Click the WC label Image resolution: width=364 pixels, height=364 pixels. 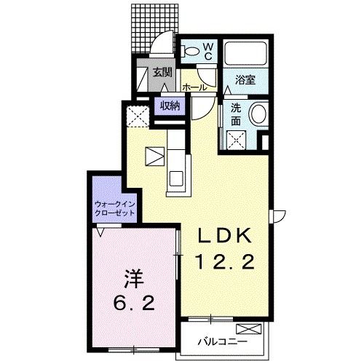208,52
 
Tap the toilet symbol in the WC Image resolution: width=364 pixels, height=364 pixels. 191,52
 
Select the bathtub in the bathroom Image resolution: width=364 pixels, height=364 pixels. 245,53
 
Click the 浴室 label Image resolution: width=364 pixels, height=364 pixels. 245,79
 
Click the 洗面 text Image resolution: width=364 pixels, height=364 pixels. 236,114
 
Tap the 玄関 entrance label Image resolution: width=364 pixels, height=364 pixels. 162,72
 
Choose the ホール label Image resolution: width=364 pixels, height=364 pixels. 194,87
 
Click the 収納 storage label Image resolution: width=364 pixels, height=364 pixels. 170,106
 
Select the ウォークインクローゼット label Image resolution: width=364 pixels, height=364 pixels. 115,208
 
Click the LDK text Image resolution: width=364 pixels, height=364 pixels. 225,236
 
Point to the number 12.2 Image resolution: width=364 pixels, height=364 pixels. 226,261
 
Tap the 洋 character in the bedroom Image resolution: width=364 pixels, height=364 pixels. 134,279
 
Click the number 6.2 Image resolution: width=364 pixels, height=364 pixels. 134,303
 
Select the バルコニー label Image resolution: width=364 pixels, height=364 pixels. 223,342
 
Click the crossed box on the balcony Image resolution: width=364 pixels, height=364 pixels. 249,329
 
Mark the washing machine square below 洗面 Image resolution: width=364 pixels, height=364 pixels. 237,141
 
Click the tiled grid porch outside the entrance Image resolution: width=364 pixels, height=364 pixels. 154,28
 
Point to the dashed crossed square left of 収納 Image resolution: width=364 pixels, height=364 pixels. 138,116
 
